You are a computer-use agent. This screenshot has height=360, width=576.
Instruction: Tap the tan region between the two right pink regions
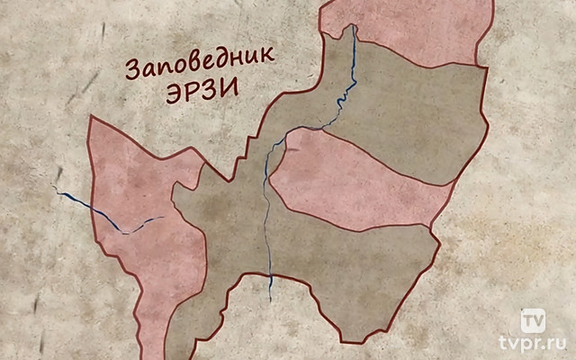(405, 108)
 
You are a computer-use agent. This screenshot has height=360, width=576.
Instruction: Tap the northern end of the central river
(354, 27)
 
